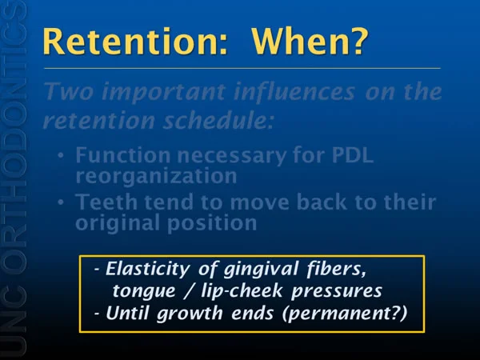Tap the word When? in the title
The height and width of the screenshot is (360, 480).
310,42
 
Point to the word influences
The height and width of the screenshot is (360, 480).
294,91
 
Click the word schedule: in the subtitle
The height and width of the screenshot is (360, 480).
218,120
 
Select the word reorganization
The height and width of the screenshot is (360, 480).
156,176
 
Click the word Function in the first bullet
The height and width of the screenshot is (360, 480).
122,155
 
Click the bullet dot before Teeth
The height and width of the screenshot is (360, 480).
62,202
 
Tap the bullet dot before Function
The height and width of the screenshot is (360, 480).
62,155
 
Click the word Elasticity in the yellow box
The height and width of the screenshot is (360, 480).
147,270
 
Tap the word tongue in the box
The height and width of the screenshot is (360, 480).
144,291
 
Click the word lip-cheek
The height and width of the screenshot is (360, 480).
242,291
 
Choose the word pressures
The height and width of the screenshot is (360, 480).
337,291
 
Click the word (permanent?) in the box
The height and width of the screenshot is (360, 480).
344,314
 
